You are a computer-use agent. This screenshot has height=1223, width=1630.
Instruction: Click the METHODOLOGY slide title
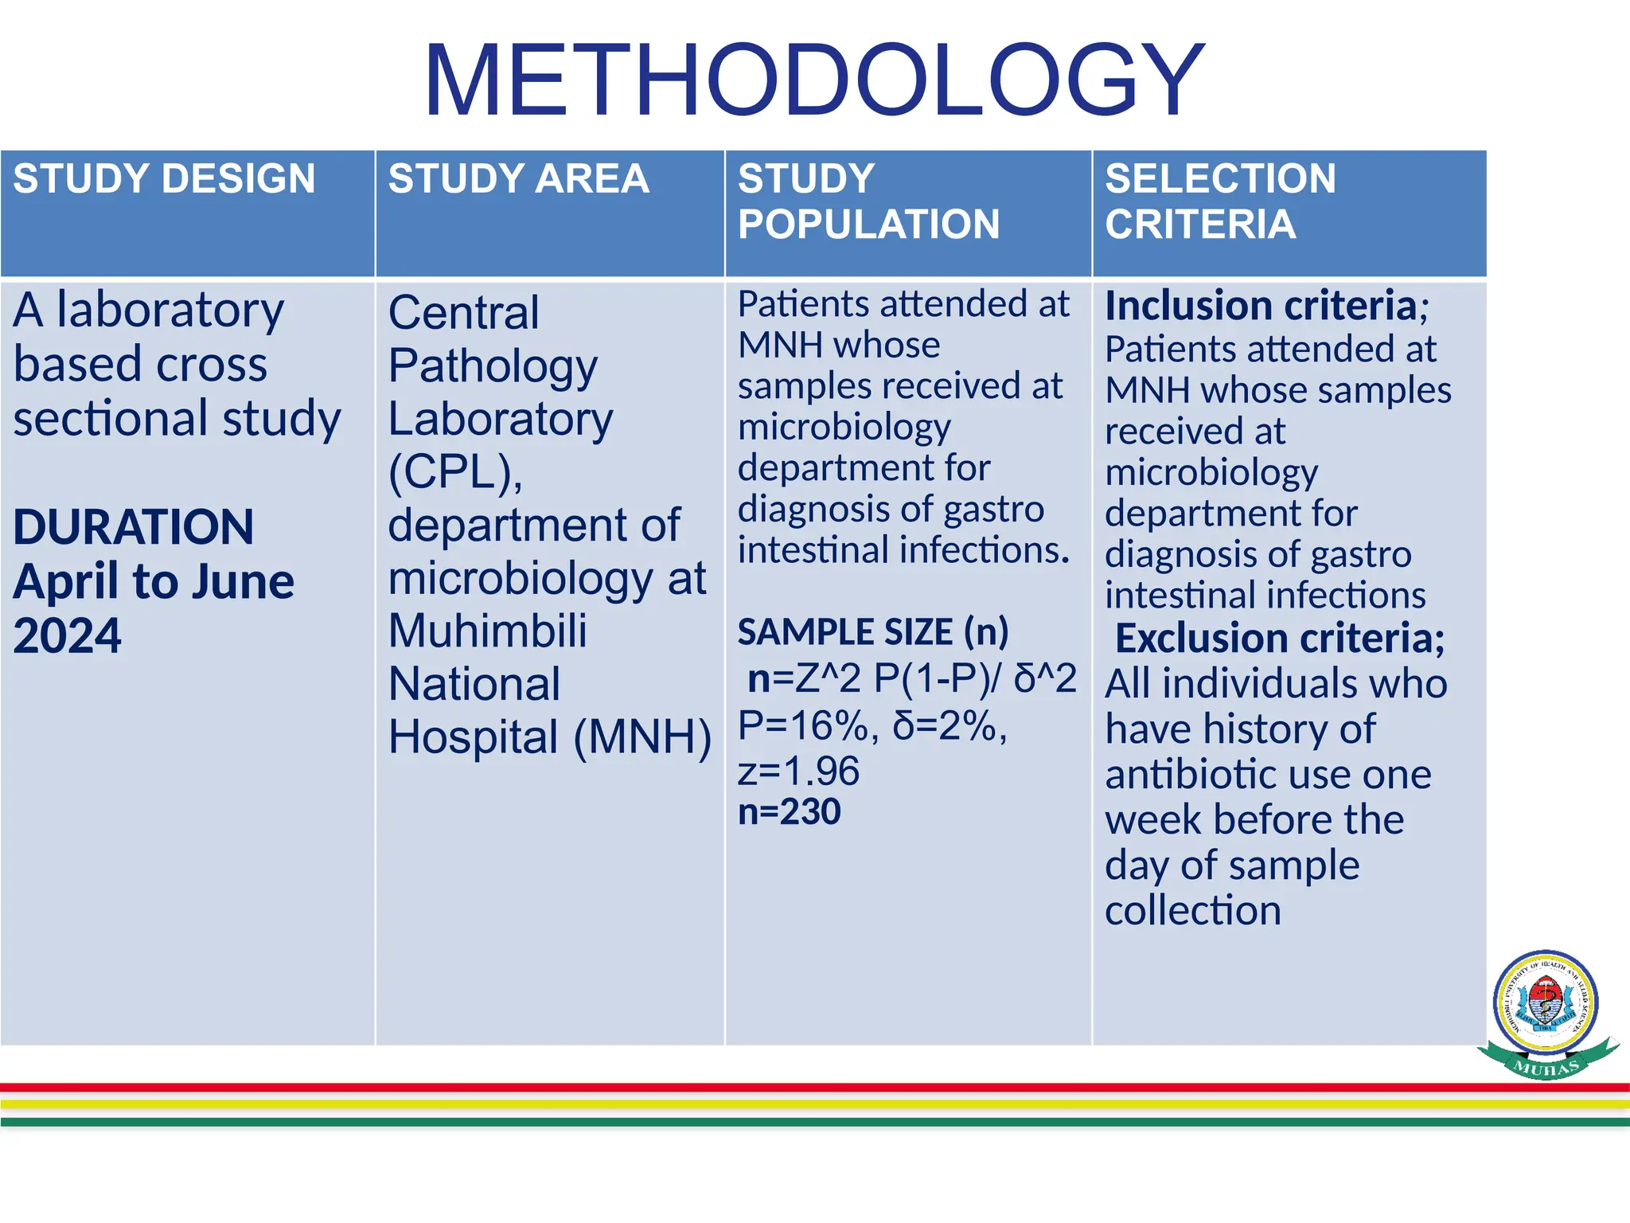point(814,81)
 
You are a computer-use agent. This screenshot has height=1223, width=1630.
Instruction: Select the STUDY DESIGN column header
point(164,178)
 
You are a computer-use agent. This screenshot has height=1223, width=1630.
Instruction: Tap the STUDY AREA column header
point(518,178)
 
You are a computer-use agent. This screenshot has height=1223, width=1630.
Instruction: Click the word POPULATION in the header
point(868,224)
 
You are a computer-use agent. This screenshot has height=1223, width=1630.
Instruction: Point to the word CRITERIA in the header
point(1200,224)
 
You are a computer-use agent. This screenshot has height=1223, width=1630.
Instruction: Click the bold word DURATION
point(133,527)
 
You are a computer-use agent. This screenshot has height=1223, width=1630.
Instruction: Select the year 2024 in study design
point(67,635)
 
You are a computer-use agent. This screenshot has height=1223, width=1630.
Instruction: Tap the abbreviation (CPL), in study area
point(455,472)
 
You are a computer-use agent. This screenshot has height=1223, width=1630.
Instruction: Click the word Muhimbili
point(487,631)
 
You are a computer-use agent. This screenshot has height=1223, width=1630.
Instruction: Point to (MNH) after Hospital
point(642,737)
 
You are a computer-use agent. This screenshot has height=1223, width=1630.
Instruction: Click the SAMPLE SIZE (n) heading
point(872,632)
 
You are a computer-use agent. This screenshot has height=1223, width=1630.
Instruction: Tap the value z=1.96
point(798,771)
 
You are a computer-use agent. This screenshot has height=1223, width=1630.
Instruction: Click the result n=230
point(789,812)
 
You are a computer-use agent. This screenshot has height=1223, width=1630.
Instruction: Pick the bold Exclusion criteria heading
point(1279,639)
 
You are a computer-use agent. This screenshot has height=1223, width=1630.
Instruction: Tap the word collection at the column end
point(1192,910)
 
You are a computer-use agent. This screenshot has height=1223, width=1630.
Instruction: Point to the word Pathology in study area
point(493,366)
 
